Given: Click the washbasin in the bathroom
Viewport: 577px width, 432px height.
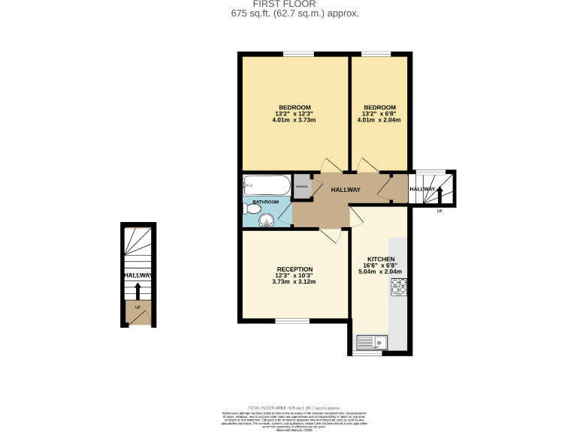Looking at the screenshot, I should [x=267, y=220].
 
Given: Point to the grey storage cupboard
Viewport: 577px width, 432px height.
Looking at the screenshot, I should [x=301, y=187].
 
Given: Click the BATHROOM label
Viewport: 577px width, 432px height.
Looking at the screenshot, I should [x=265, y=202].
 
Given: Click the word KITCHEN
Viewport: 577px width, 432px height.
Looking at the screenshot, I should [x=381, y=259].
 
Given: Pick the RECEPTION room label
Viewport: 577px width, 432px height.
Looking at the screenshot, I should [x=295, y=269].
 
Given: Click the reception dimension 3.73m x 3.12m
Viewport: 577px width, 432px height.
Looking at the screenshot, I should [x=295, y=282].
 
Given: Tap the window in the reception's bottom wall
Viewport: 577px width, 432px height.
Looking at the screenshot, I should [x=292, y=321].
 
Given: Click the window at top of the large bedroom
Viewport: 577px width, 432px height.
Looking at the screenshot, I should [x=298, y=53].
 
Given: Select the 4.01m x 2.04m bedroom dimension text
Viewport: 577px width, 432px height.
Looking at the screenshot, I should [x=379, y=120].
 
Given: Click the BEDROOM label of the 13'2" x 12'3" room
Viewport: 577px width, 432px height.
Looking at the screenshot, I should [x=295, y=106].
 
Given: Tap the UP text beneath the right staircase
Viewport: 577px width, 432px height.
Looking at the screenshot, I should [x=440, y=211].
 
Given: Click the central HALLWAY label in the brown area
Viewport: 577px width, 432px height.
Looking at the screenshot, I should [x=346, y=190].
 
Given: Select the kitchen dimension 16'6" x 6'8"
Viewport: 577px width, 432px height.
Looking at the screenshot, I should [x=381, y=265].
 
